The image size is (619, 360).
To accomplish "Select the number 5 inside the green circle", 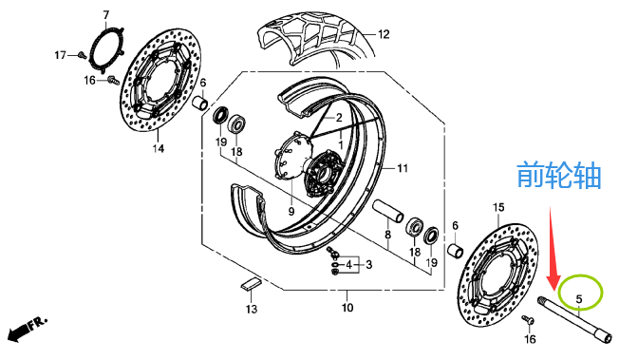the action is point(579,299).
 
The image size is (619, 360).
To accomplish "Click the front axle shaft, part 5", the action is point(575,321).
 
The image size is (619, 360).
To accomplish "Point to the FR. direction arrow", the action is point(27,328).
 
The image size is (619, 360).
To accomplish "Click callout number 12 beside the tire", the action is point(384,34).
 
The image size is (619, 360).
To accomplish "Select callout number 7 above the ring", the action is point(105,15).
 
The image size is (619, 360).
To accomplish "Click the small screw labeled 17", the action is point(83,55).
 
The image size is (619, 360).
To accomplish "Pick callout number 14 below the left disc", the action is point(159,148).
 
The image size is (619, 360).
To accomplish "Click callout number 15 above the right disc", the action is point(498,207).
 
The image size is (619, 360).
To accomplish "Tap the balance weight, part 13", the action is point(251,284).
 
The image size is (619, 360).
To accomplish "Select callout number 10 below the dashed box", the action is point(347,307).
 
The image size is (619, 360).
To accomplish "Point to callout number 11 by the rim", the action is point(403,169).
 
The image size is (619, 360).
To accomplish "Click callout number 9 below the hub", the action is point(291,212).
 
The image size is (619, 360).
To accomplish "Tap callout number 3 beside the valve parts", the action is point(368,264).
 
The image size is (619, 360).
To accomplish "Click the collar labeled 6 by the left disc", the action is point(200,104).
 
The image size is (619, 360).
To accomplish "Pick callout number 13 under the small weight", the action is point(252,309).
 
